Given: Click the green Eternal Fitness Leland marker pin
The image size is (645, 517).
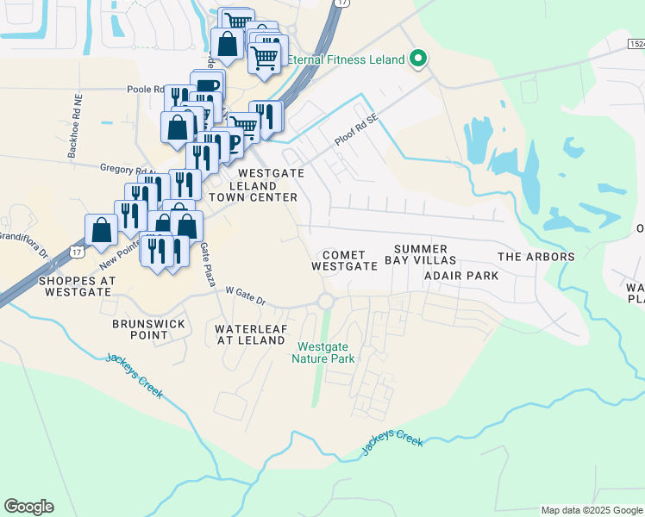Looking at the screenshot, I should pyautogui.click(x=419, y=59).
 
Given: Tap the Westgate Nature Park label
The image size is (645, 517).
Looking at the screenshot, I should pyautogui.click(x=326, y=352).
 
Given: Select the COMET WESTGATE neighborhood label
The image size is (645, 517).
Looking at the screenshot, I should pyautogui.click(x=345, y=261).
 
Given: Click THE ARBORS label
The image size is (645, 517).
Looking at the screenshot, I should pyautogui.click(x=536, y=257).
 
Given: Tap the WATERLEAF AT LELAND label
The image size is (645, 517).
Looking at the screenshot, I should pyautogui.click(x=250, y=334).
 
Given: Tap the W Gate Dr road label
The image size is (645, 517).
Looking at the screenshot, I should pyautogui.click(x=246, y=296).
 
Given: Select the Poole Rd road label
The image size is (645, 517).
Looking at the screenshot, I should pyautogui.click(x=146, y=89).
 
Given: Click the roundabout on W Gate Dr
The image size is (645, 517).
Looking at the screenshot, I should pyautogui.click(x=326, y=302).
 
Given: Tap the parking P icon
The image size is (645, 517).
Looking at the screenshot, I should pyautogui.click(x=231, y=144).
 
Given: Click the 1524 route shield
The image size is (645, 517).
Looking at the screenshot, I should pyautogui.click(x=636, y=43).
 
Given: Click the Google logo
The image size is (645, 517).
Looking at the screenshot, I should pyautogui.click(x=28, y=507).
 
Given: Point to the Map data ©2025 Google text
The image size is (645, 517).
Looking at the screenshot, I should pyautogui.click(x=591, y=510).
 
